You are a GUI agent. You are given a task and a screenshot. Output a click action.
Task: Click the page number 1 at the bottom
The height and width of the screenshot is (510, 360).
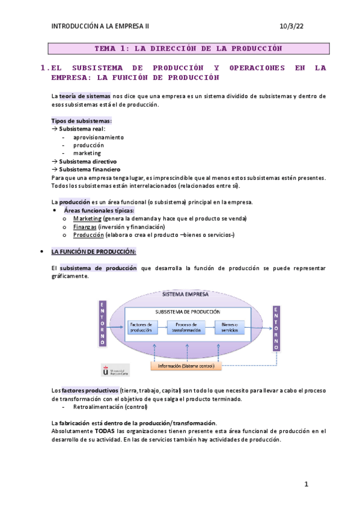pos(306,484)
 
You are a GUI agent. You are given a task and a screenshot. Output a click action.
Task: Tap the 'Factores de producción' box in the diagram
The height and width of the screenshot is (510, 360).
pos(141,327)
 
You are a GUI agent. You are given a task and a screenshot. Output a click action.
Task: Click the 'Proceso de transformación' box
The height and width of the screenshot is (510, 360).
pos(186,327)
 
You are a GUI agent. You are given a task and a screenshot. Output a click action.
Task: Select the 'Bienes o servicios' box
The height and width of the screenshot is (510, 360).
pos(231,327)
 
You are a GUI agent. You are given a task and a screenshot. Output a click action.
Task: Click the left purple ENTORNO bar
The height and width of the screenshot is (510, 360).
pos(103,323)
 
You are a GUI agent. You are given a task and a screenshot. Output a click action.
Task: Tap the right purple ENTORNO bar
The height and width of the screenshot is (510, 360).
pos(276,328)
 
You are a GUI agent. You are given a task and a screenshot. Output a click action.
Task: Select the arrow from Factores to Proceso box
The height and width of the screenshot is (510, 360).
pos(163,327)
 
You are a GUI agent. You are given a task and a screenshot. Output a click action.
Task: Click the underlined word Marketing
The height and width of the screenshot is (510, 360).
pos(87,218)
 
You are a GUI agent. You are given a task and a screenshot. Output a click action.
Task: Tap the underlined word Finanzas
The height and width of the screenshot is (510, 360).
pos(85,227)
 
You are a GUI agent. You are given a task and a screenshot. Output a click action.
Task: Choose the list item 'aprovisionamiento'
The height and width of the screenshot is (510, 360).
pos(99,137)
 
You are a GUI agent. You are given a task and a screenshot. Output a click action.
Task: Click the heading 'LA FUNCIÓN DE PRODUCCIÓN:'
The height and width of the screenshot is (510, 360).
pos(94,251)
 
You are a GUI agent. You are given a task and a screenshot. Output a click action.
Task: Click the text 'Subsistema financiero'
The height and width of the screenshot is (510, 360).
pos(87,170)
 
